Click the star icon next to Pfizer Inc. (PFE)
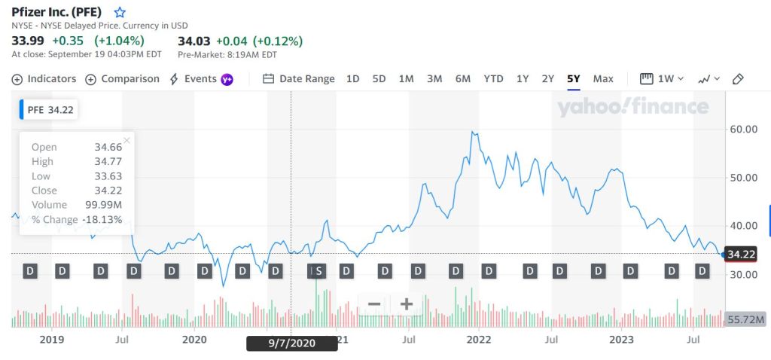pos(120,13)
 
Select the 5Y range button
pos(574,78)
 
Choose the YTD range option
pos(493,78)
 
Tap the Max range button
pos(603,78)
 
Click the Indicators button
pos(44,78)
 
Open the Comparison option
pos(123,78)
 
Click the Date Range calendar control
pos(299,78)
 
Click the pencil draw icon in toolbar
pos(738,78)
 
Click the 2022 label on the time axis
pos(479,340)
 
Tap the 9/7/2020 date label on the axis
pos(291,343)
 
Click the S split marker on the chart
pos(318,270)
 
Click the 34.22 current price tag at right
pos(740,254)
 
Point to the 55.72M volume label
pos(745,320)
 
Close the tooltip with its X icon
pos(126,140)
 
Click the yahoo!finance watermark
pos(632,108)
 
